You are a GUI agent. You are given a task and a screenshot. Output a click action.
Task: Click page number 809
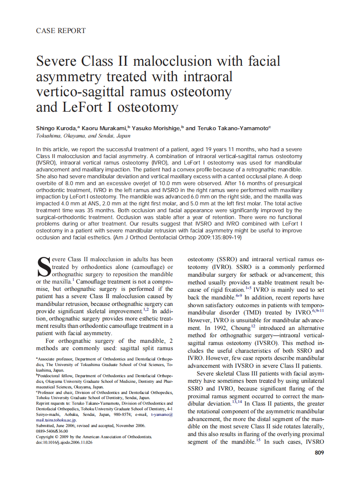[319, 452]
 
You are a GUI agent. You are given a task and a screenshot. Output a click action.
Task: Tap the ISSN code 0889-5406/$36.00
[52, 431]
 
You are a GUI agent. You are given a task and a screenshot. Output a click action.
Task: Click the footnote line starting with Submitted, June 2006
[90, 425]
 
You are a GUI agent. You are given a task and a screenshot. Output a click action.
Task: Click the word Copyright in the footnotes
[46, 436]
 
